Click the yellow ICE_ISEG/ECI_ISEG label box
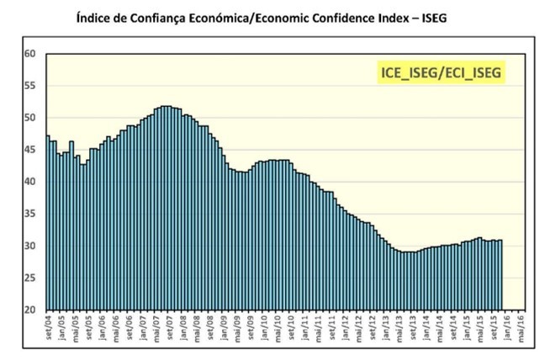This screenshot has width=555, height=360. [439, 73]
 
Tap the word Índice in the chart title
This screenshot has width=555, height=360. [95, 16]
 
